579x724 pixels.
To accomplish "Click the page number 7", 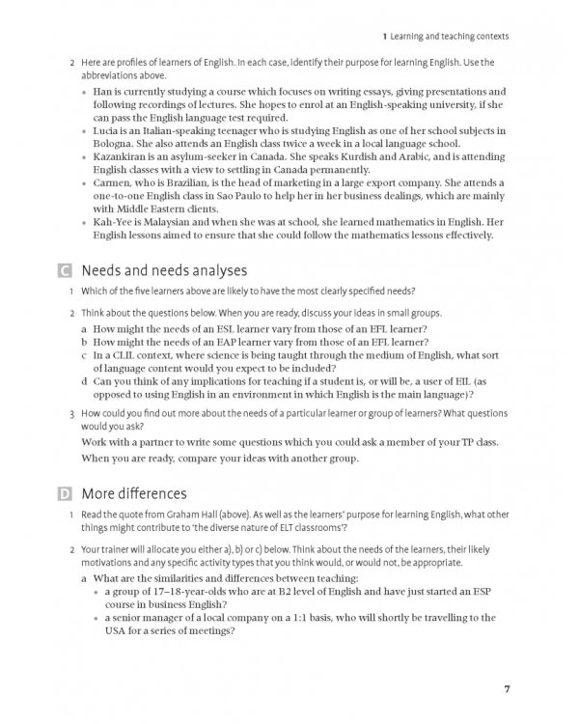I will click(x=507, y=688).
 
